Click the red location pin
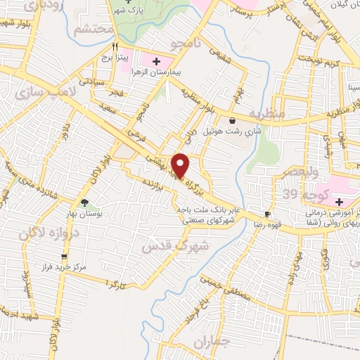[181, 165]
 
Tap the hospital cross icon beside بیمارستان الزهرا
[157, 60]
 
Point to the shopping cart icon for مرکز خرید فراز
[64, 256]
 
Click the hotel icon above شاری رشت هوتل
[232, 120]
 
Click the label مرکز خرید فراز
[64, 267]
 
